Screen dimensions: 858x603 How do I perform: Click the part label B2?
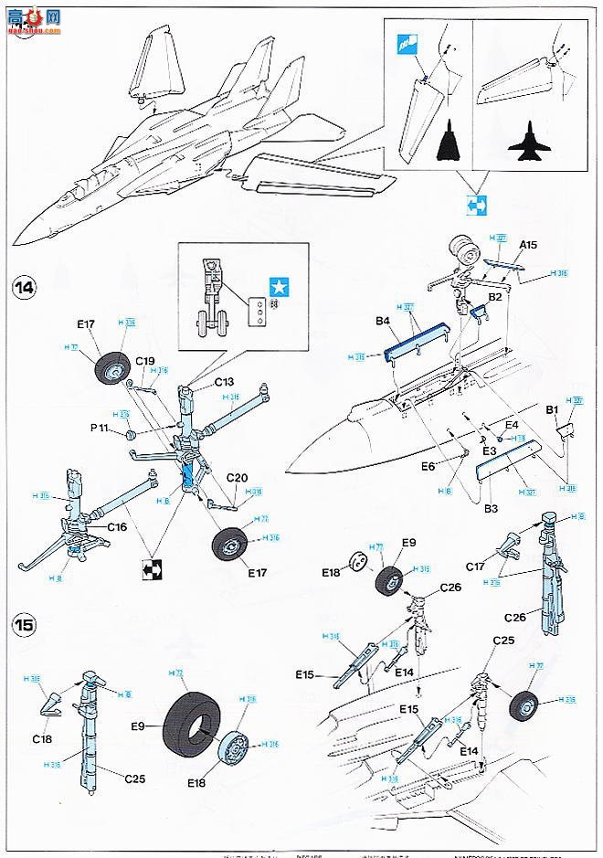[494, 297]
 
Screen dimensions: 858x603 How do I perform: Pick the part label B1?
[553, 411]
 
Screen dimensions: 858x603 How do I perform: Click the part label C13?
[226, 381]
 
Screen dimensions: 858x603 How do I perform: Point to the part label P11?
[101, 427]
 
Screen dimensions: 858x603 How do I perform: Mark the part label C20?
[237, 478]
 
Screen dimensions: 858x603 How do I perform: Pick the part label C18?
[42, 738]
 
